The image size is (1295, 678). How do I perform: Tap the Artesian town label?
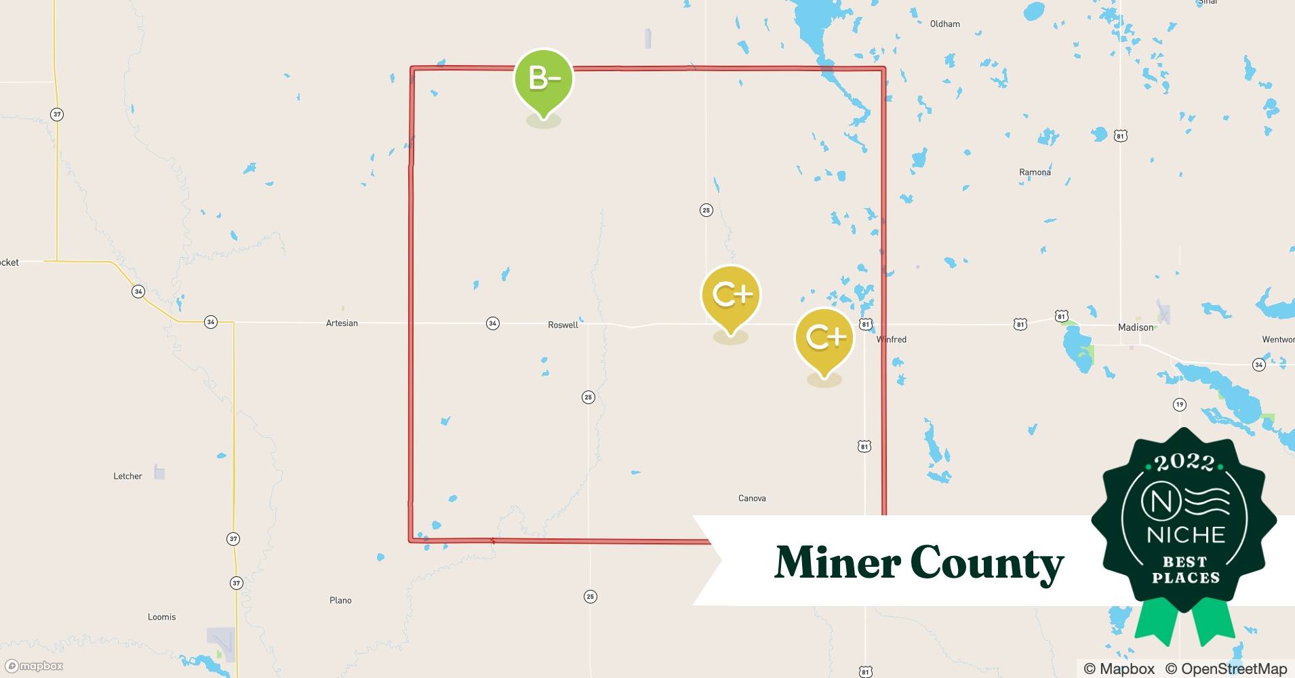pyautogui.click(x=342, y=323)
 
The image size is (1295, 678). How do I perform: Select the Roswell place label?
pyautogui.click(x=563, y=325)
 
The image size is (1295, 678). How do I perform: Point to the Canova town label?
pyautogui.click(x=752, y=498)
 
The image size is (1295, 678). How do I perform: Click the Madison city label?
pyautogui.click(x=1136, y=327)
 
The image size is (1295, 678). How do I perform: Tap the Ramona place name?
pyautogui.click(x=1035, y=172)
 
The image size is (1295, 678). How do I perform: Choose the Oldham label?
pyautogui.click(x=944, y=24)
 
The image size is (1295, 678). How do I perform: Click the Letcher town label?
pyautogui.click(x=127, y=477)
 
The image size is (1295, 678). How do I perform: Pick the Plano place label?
pyautogui.click(x=340, y=601)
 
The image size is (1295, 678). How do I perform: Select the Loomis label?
pyautogui.click(x=161, y=617)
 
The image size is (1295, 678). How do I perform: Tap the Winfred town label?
pyautogui.click(x=892, y=340)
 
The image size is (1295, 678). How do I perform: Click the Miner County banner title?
pyautogui.click(x=919, y=563)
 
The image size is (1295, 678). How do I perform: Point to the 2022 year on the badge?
pyautogui.click(x=1184, y=462)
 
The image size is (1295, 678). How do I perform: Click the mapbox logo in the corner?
pyautogui.click(x=35, y=666)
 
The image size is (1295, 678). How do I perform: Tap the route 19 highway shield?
pyautogui.click(x=1180, y=405)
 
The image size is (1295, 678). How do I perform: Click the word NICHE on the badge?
pyautogui.click(x=1186, y=535)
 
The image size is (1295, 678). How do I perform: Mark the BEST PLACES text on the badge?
pyautogui.click(x=1185, y=570)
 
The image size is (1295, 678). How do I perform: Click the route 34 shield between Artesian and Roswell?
pyautogui.click(x=493, y=323)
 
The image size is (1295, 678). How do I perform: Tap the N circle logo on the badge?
pyautogui.click(x=1161, y=502)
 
